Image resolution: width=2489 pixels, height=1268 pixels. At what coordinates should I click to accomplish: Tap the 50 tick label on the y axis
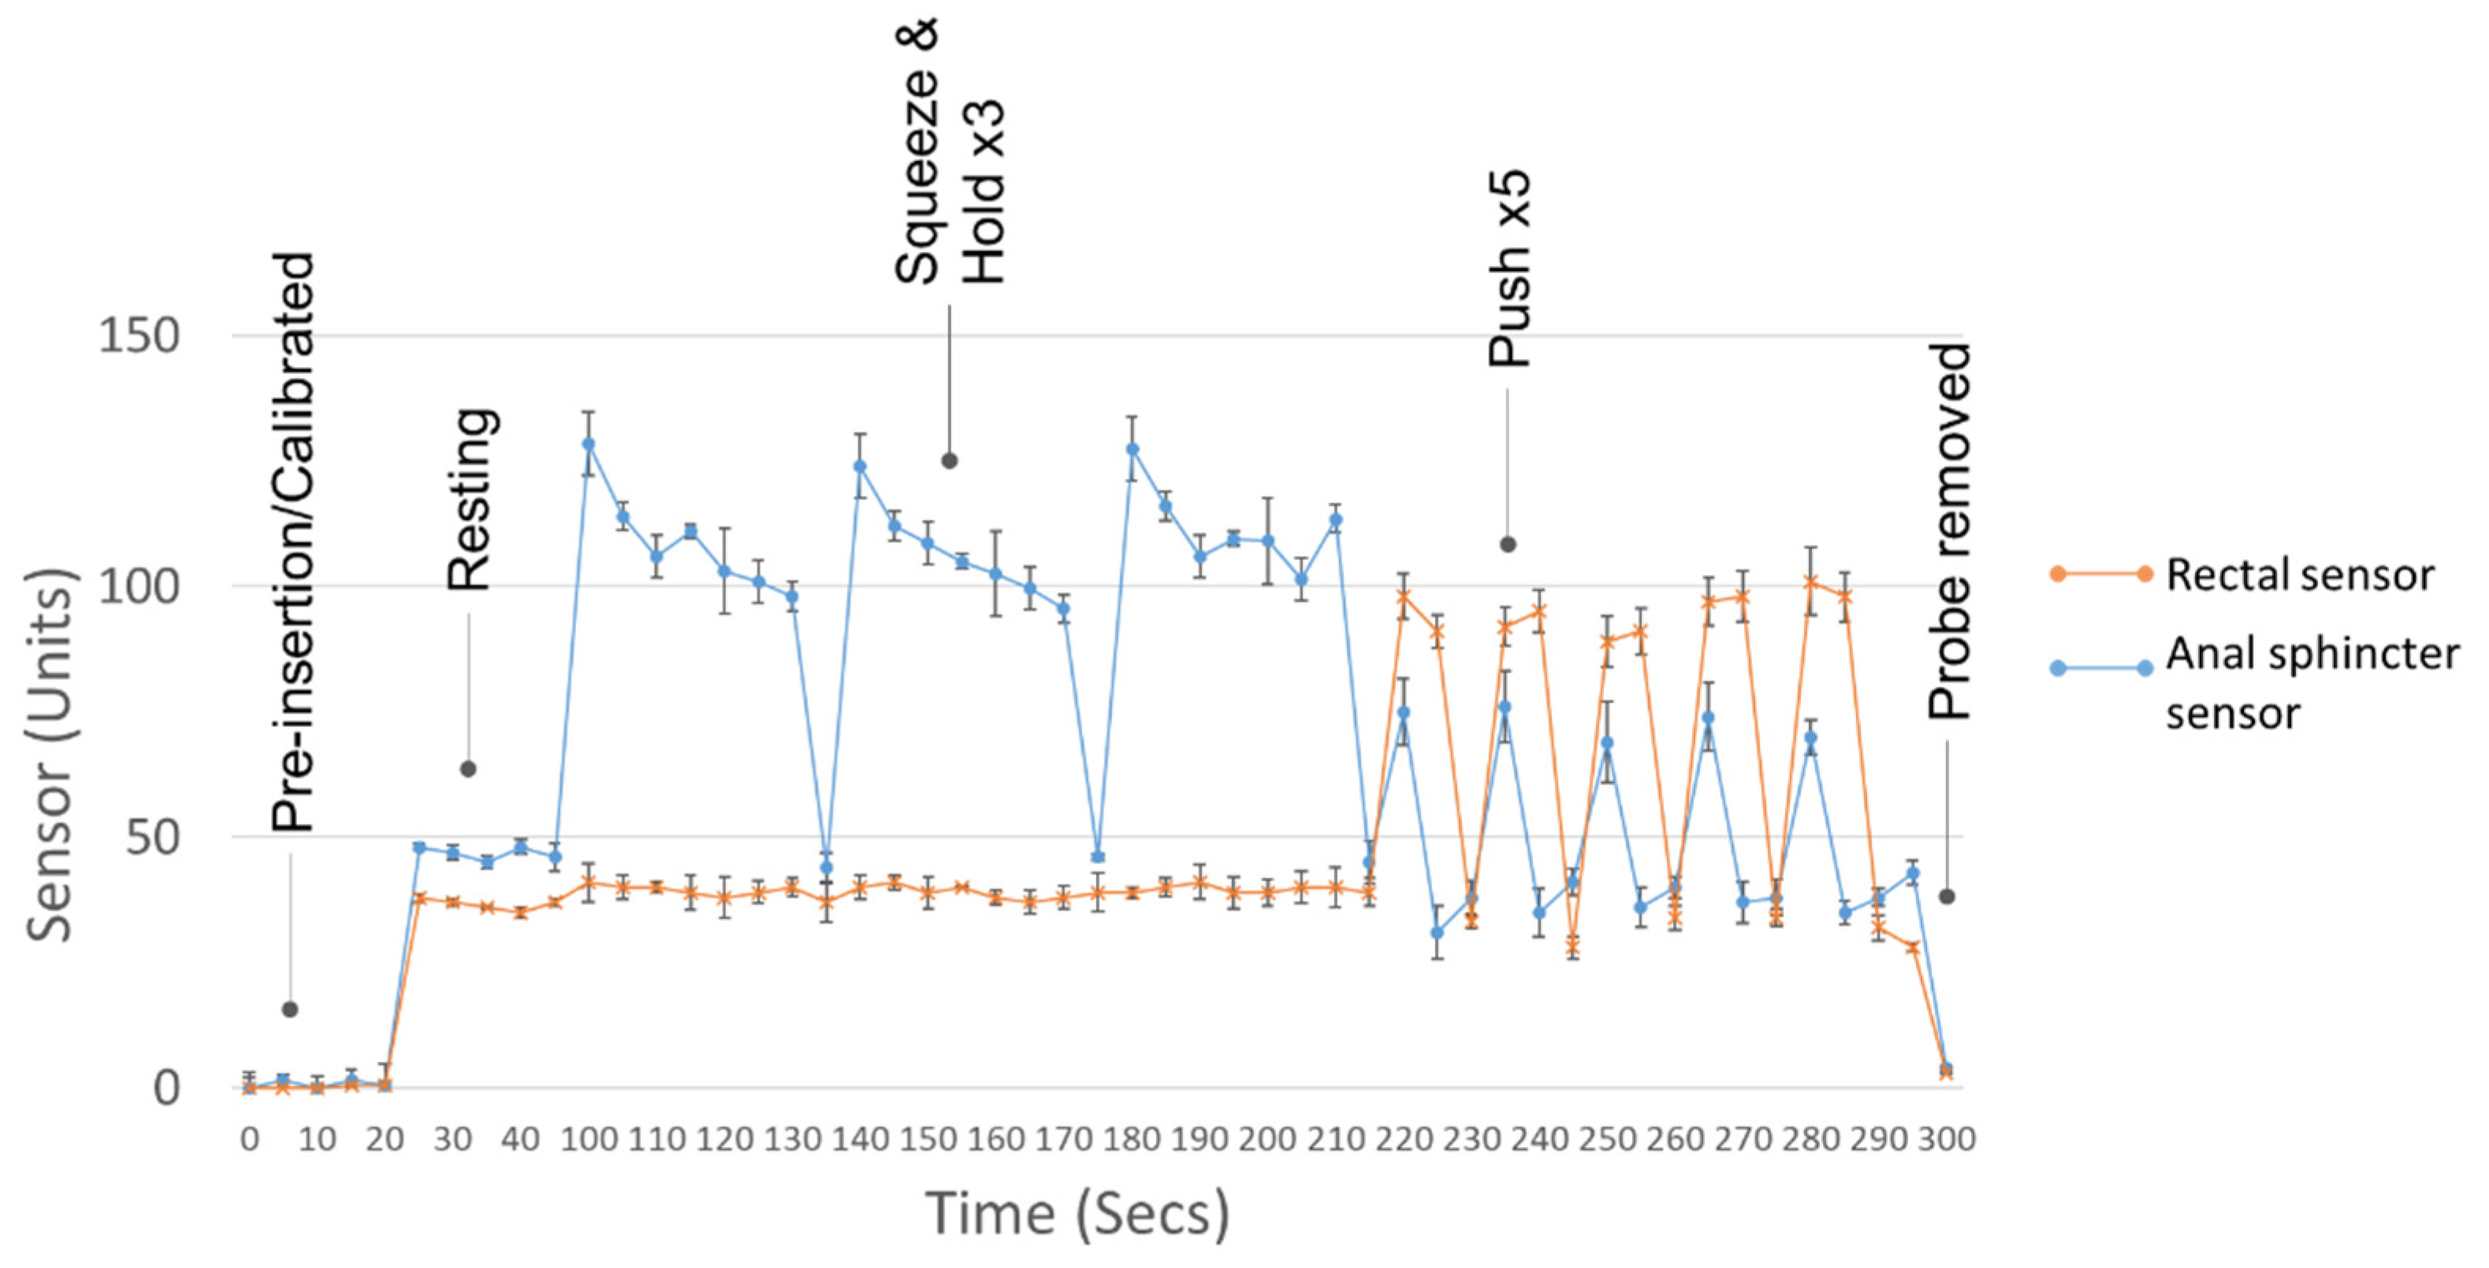pyautogui.click(x=151, y=837)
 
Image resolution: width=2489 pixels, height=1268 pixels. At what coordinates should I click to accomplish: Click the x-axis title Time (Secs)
pyautogui.click(x=1077, y=1213)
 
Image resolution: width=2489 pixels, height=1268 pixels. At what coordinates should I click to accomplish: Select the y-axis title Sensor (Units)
pyautogui.click(x=48, y=753)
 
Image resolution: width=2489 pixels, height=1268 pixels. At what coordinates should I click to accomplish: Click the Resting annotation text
pyautogui.click(x=472, y=499)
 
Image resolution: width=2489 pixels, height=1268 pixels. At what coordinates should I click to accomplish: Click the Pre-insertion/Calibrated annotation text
pyautogui.click(x=292, y=542)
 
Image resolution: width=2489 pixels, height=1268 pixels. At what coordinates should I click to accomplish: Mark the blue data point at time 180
pyautogui.click(x=1133, y=449)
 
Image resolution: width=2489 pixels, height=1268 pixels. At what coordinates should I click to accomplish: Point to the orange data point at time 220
pyautogui.click(x=1403, y=596)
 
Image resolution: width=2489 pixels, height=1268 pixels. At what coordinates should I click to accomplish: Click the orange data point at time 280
pyautogui.click(x=1810, y=581)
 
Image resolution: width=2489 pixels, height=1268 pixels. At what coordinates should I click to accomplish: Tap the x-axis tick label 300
pyautogui.click(x=1946, y=1140)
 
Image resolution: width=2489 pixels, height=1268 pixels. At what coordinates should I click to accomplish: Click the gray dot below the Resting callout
pyautogui.click(x=467, y=769)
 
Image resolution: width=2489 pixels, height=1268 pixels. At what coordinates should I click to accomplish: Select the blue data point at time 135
pyautogui.click(x=826, y=867)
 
